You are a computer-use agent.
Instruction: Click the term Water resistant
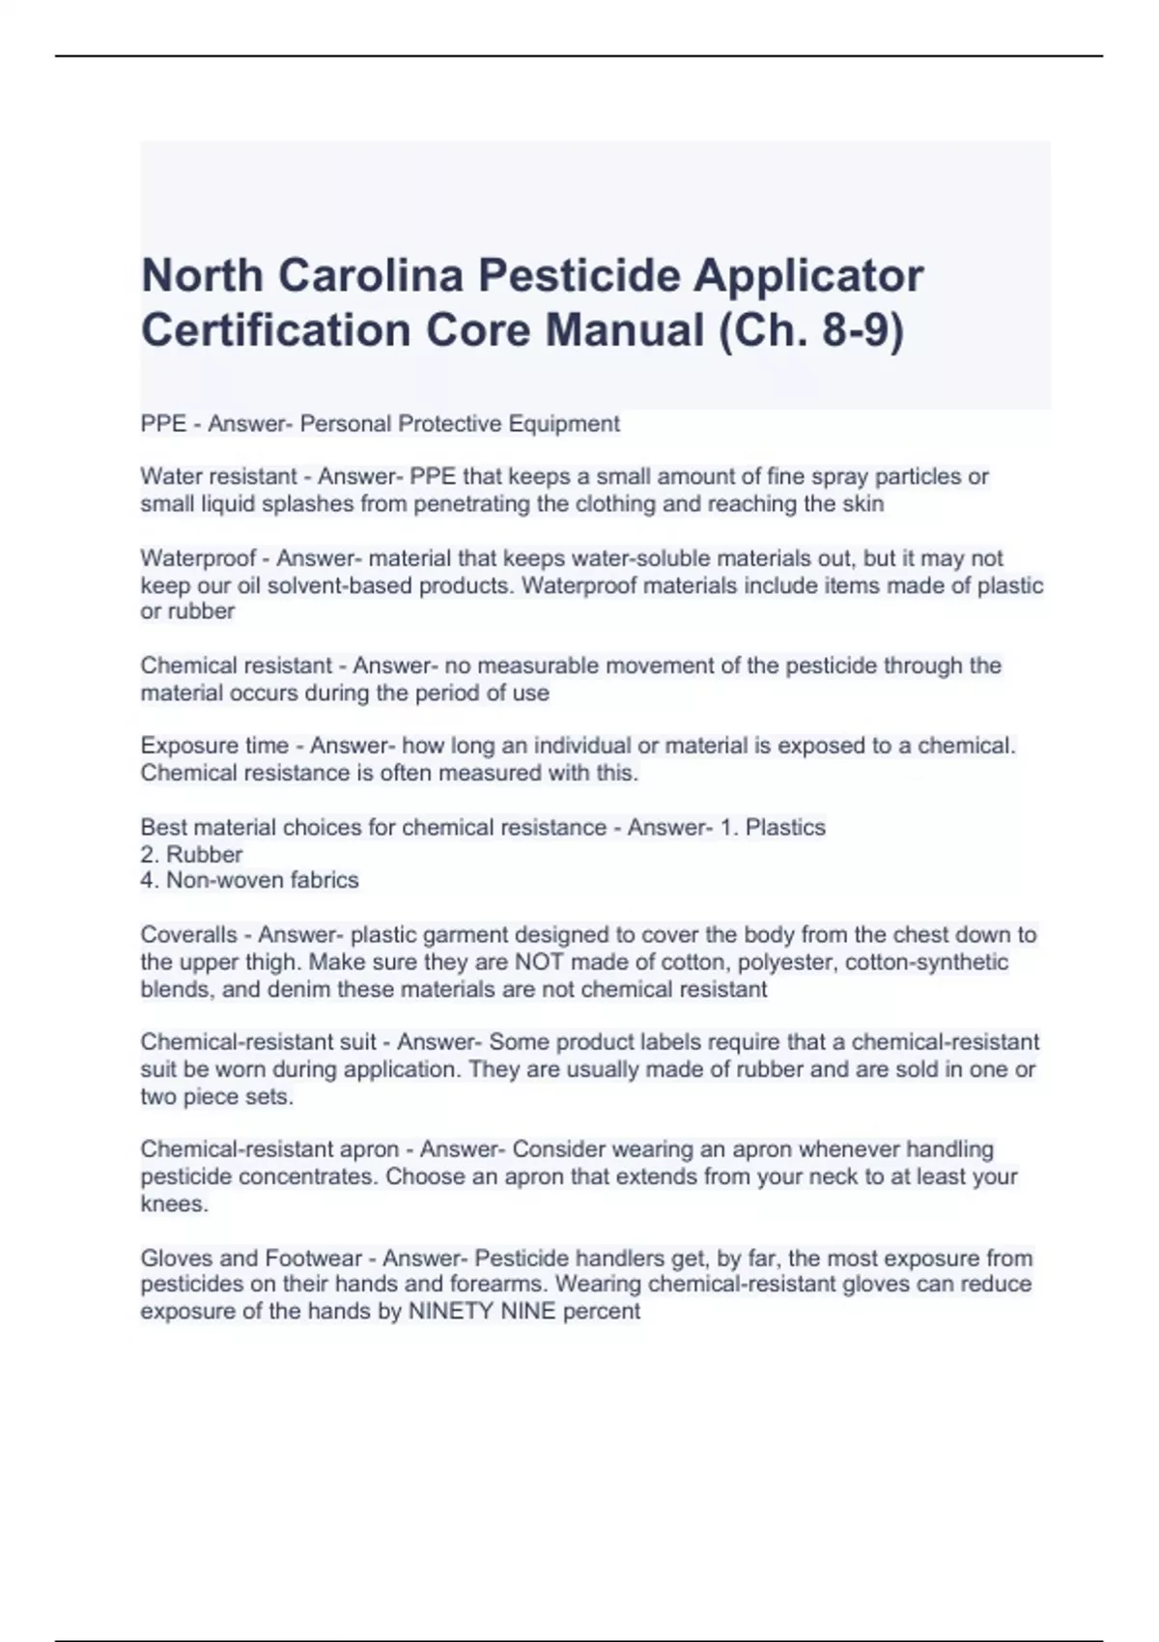(x=218, y=476)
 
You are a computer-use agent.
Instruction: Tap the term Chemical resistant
(x=236, y=665)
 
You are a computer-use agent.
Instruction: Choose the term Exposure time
(x=214, y=746)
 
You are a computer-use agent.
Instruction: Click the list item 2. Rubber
(x=191, y=855)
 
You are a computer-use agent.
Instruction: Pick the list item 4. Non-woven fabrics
(x=249, y=880)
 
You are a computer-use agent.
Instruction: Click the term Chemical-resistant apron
(x=269, y=1149)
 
